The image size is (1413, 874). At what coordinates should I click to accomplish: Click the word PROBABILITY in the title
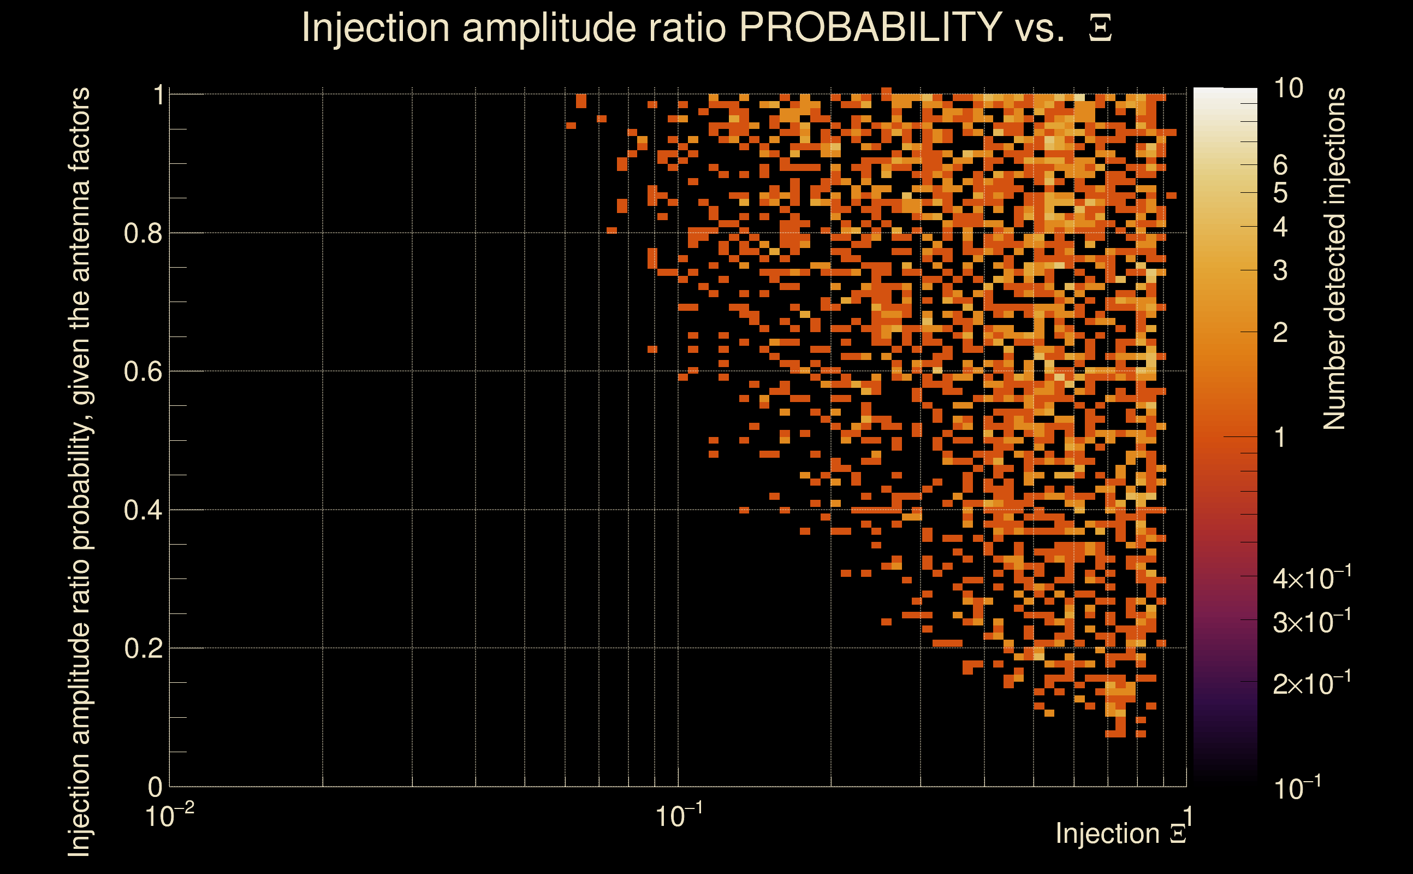(870, 27)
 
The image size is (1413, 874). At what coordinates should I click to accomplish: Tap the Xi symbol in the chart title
(1100, 28)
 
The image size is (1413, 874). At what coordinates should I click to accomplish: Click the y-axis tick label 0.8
(143, 234)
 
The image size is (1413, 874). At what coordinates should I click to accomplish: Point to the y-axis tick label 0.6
(143, 371)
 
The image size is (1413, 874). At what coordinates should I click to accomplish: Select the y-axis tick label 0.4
(143, 510)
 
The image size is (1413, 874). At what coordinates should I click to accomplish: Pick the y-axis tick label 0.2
(143, 648)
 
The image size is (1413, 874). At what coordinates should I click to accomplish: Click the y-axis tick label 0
(155, 787)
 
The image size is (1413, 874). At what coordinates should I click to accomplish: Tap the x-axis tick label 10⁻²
(169, 816)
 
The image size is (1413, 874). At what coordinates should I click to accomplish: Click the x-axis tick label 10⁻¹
(679, 816)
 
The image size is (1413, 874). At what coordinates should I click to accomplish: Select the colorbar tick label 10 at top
(1288, 88)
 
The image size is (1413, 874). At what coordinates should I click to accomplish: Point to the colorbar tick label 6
(1280, 166)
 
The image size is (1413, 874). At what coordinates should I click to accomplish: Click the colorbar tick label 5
(1280, 193)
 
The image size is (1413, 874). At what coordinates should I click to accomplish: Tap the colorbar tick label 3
(1280, 270)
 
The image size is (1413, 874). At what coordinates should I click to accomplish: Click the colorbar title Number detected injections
(1335, 258)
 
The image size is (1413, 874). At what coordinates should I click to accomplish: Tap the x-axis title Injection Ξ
(1120, 834)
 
